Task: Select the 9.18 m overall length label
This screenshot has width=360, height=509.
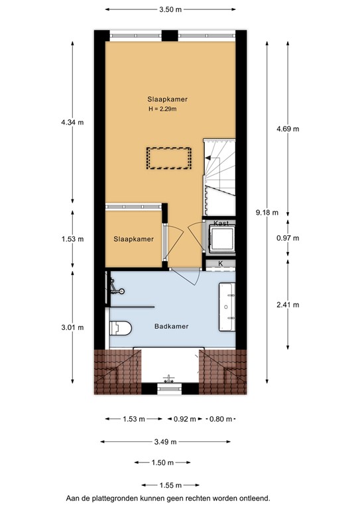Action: point(267,213)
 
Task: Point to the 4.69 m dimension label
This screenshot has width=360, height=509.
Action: point(287,129)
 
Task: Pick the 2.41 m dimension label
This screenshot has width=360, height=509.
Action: point(287,305)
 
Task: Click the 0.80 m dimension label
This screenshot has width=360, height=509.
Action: point(221,419)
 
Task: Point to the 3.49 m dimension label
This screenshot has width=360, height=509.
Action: point(169,441)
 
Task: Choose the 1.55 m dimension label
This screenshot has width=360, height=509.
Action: point(166,486)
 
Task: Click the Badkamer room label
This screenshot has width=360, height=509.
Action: point(172,326)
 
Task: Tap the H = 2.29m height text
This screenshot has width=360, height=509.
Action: point(162,109)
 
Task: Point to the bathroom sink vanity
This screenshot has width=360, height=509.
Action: point(227,306)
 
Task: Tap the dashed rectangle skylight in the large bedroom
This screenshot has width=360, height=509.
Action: point(169,158)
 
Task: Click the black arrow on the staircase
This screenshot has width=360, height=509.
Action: point(210,158)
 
